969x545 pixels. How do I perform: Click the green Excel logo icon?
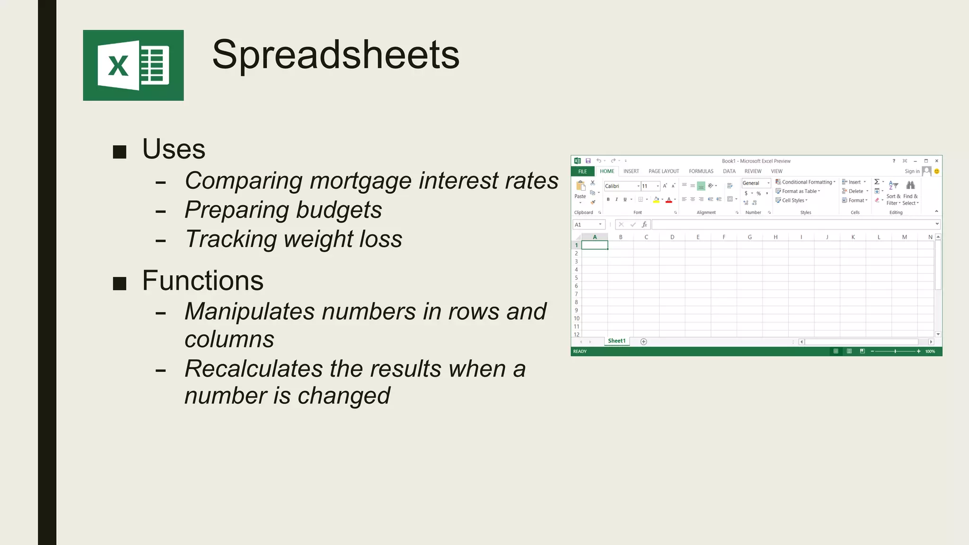pos(133,65)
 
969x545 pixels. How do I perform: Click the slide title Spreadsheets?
pos(335,54)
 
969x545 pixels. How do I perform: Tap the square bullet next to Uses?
pos(120,152)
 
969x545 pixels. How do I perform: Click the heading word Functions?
pos(203,281)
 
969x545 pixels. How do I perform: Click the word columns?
pos(229,339)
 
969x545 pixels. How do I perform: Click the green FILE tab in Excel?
pos(582,171)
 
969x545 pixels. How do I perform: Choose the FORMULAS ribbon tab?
pos(701,171)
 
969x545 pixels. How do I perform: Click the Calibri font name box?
pos(621,186)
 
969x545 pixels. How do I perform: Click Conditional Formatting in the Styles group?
pos(806,182)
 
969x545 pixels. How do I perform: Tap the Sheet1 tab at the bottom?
pos(617,341)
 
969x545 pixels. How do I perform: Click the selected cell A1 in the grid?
pos(594,245)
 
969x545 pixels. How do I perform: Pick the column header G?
pos(749,237)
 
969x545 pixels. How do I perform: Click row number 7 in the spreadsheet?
pos(576,294)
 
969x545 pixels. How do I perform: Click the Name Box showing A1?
pos(586,225)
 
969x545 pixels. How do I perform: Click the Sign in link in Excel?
pos(912,171)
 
